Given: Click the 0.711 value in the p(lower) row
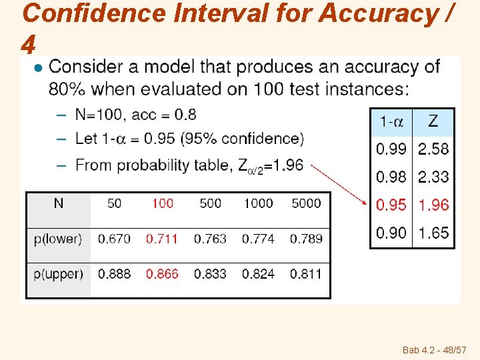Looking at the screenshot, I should tap(162, 238).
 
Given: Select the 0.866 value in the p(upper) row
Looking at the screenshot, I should tap(162, 273).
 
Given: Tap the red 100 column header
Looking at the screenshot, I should tap(162, 203).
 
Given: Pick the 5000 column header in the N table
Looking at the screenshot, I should tap(306, 203).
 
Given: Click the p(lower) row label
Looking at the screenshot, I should tap(58, 238).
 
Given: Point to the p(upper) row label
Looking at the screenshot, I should tap(58, 273).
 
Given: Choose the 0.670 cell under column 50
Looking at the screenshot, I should tap(114, 238).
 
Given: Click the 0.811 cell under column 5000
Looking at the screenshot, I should tap(306, 273).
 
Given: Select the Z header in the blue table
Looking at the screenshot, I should tap(433, 121).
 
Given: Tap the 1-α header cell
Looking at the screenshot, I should tap(391, 121).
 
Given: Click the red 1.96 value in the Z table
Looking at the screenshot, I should tap(433, 205).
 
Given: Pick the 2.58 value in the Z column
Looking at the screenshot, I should tap(433, 149).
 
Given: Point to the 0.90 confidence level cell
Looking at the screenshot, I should tap(391, 233).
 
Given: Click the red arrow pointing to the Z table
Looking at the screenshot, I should tap(341, 185).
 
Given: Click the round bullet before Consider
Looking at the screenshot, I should tap(38, 67).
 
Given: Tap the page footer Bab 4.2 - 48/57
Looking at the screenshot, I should tap(434, 349).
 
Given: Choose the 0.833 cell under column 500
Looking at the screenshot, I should tap(210, 273).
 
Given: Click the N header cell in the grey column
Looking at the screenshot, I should tap(58, 203).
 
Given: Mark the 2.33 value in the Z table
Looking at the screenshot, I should tap(433, 177).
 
